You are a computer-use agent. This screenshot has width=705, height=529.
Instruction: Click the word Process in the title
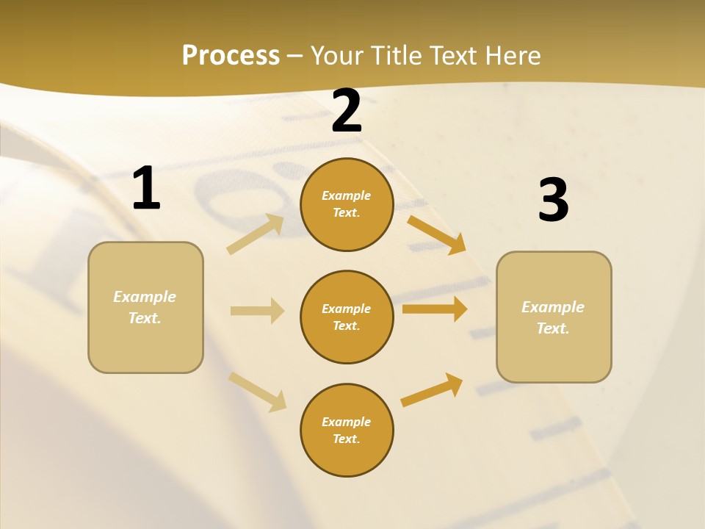pos(231,55)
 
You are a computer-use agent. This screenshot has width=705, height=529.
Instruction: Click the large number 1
pos(146,189)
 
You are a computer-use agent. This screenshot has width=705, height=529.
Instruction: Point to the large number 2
pos(347,111)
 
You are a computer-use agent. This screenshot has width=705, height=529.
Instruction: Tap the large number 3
pos(553,201)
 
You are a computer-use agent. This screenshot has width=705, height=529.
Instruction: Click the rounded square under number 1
pos(145,307)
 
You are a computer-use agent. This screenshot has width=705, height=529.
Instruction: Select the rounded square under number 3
pos(554,317)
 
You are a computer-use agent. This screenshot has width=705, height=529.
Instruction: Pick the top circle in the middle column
pos(347,204)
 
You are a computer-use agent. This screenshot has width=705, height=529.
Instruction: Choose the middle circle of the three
pos(347,317)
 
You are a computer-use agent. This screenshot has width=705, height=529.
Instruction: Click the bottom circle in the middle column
pos(347,430)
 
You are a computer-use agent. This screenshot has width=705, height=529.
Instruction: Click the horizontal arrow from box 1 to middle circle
pos(257,311)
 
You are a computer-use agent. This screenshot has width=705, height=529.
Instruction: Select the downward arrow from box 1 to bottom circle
pos(257,391)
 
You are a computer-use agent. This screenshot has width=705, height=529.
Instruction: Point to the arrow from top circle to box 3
pos(437,234)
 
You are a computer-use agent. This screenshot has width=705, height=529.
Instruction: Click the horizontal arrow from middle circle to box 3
pos(435,309)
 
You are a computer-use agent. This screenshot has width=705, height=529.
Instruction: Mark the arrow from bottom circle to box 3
pos(432,390)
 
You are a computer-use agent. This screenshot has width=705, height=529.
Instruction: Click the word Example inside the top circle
pos(347,195)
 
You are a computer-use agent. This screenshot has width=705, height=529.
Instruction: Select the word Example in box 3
pos(553,307)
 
